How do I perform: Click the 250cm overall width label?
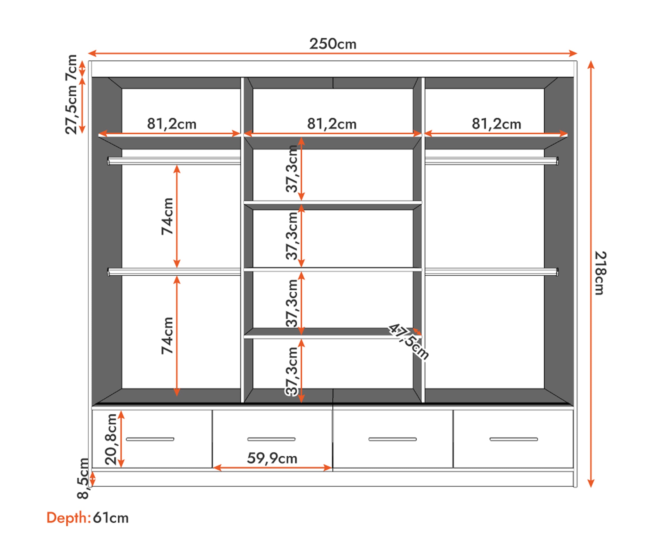(x=332, y=44)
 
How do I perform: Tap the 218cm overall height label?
(x=600, y=273)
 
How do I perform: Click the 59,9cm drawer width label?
(x=272, y=458)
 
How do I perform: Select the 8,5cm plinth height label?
(x=83, y=478)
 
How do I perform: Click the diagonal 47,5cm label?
(x=408, y=341)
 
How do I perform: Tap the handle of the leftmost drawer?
(x=150, y=439)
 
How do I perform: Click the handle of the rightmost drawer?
(x=514, y=439)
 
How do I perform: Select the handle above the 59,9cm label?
(x=271, y=439)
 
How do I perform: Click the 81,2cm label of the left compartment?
(x=172, y=124)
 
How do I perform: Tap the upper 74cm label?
(x=167, y=216)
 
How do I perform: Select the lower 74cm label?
(x=167, y=335)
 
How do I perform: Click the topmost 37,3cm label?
(x=292, y=169)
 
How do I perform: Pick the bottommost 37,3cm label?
(x=292, y=371)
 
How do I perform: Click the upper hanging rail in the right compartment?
(x=492, y=161)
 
